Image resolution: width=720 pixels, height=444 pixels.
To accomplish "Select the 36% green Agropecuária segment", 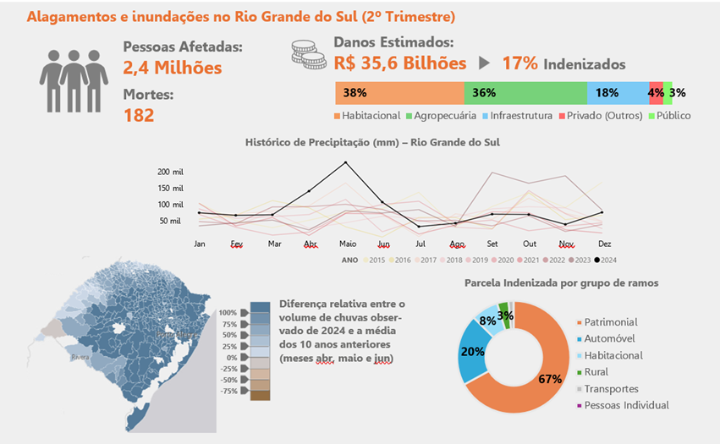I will tap(525, 93).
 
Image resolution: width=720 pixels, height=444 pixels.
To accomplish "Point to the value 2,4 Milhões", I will tap(173, 68).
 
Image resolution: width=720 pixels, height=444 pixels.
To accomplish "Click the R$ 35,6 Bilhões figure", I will tap(400, 63).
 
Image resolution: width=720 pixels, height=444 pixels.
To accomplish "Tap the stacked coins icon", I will tap(309, 54).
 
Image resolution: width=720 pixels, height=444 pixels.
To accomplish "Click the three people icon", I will tap(74, 79).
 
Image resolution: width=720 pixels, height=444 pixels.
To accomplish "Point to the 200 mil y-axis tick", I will tap(170, 172).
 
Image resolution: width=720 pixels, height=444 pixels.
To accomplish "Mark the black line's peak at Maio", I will tap(345, 162).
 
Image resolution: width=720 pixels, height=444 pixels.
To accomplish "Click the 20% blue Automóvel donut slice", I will tap(473, 353).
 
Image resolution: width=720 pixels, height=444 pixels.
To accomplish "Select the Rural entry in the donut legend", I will tap(596, 372).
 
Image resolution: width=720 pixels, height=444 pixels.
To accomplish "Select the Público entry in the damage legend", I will tap(673, 116).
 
